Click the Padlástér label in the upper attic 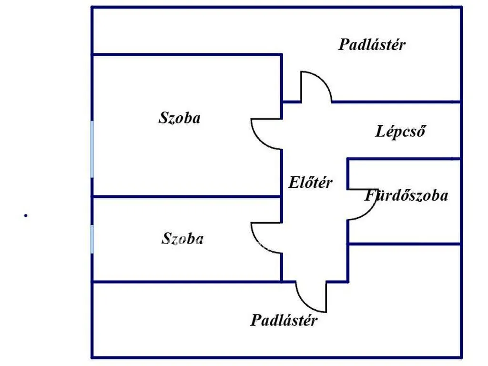tap(372, 45)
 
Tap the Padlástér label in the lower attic tap(284, 320)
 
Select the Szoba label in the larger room tap(180, 118)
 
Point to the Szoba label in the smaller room tap(183, 239)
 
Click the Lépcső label tap(400, 131)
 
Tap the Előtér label tap(310, 183)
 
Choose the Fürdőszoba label tap(407, 196)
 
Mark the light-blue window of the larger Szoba tap(92, 149)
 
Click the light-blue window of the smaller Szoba tap(92, 239)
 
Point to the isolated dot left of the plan tap(26, 215)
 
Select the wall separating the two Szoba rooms tap(187, 197)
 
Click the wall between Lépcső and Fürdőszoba tap(404, 159)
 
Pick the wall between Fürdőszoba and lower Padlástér tap(404, 244)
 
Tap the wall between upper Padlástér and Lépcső tap(396, 102)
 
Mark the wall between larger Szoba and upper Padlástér tap(187, 55)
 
